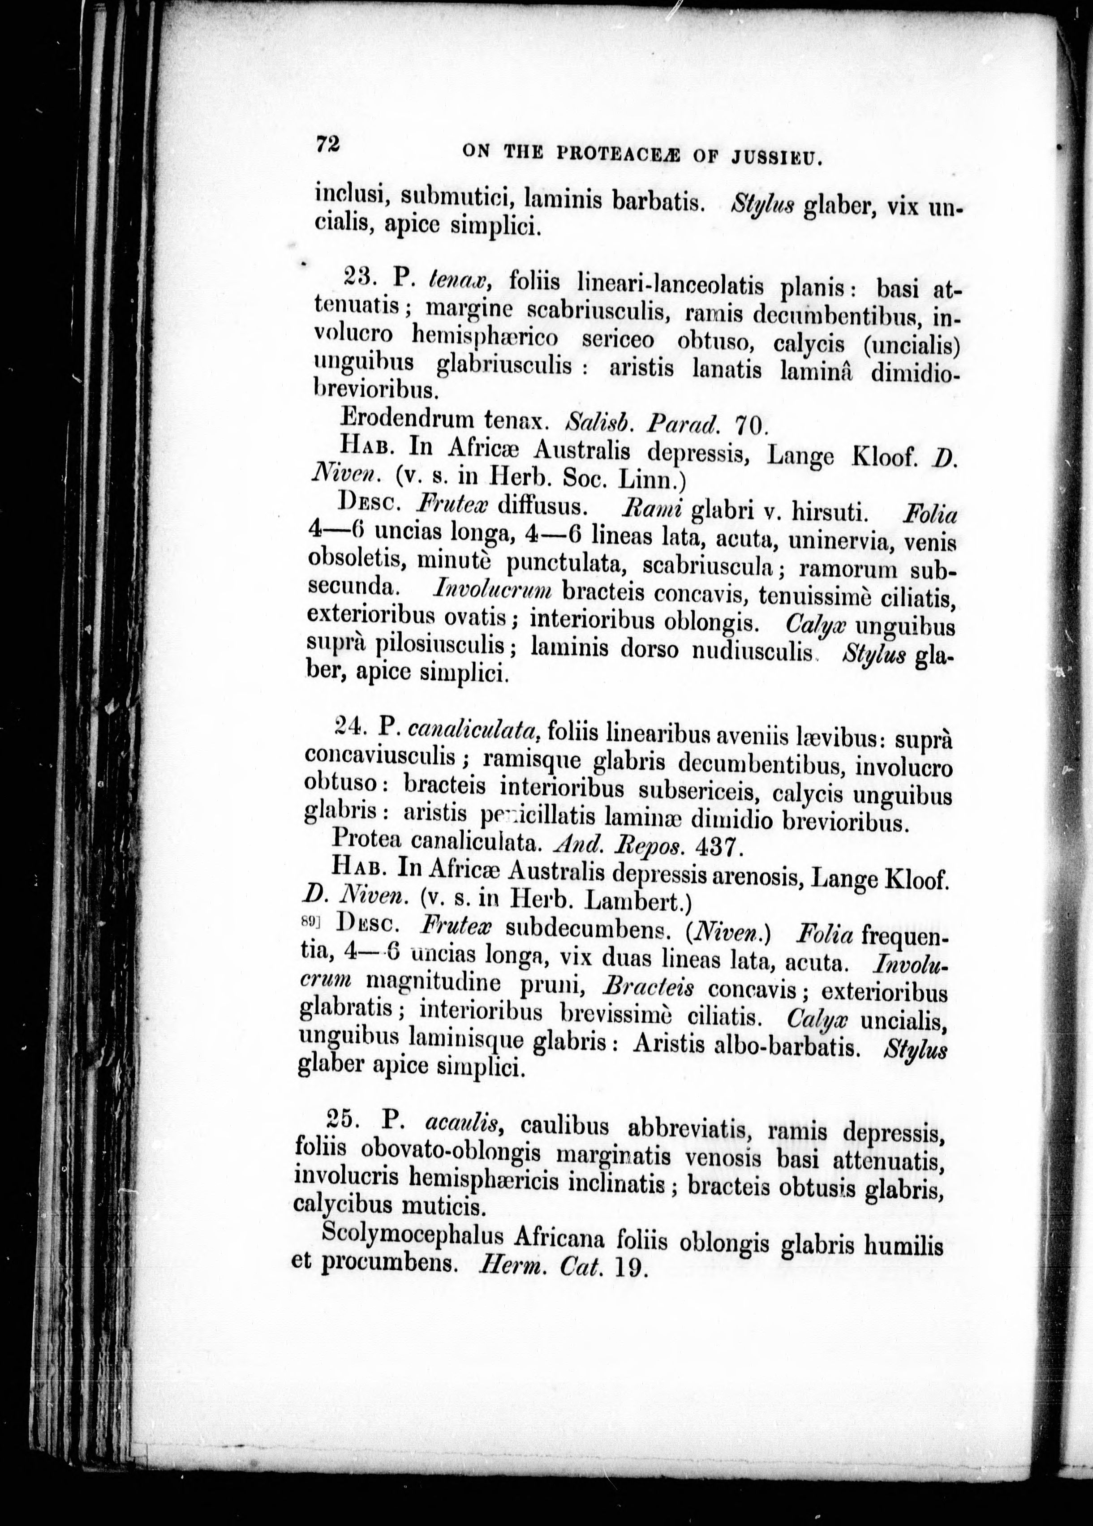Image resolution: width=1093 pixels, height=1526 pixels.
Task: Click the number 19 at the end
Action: click(629, 1269)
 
